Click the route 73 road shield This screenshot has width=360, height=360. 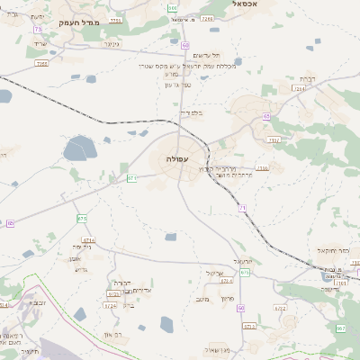38,30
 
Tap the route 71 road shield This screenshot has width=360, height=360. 242,208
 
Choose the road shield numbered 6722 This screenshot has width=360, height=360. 280,308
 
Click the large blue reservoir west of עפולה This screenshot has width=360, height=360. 79,148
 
